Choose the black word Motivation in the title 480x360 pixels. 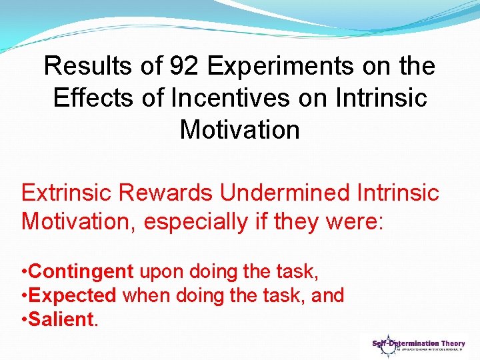(240, 129)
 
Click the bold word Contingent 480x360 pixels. (82, 271)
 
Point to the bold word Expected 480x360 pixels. (73, 295)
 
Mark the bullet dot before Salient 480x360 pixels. (24, 320)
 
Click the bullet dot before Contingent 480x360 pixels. (24, 272)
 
